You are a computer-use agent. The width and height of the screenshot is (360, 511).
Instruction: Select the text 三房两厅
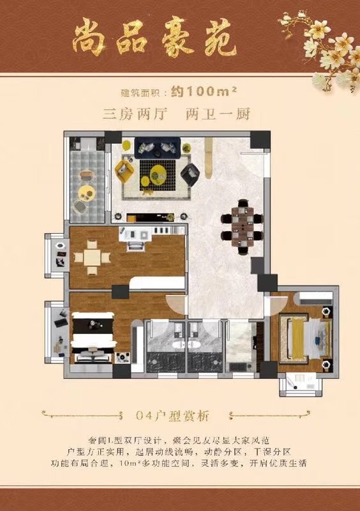click(135, 114)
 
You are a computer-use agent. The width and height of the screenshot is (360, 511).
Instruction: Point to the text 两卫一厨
click(218, 114)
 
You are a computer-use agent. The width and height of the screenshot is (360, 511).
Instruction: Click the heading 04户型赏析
click(172, 416)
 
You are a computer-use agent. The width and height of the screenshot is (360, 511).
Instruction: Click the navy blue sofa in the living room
click(158, 148)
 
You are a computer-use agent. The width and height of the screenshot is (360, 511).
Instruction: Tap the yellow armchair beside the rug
click(124, 171)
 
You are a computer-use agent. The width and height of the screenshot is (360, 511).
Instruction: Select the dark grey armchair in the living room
click(190, 174)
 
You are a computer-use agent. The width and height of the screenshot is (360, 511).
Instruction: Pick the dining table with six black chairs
click(242, 227)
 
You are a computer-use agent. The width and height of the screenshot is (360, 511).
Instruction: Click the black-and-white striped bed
click(93, 337)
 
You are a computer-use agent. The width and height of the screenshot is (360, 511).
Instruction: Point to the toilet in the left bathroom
click(178, 344)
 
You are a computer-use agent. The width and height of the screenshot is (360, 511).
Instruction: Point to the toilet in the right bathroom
click(193, 344)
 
